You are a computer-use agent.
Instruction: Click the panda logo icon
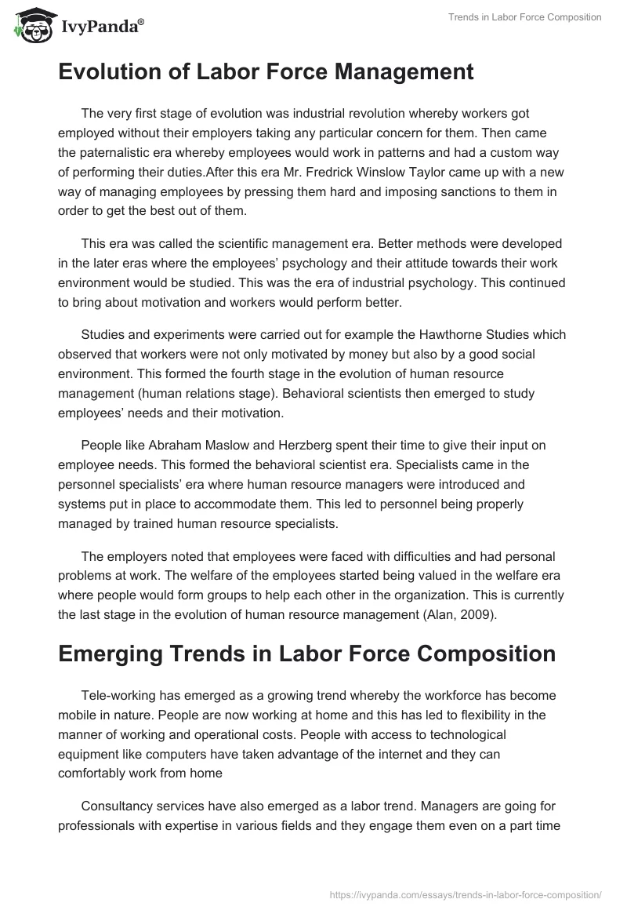coord(31,25)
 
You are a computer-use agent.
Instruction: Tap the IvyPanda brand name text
coord(101,27)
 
